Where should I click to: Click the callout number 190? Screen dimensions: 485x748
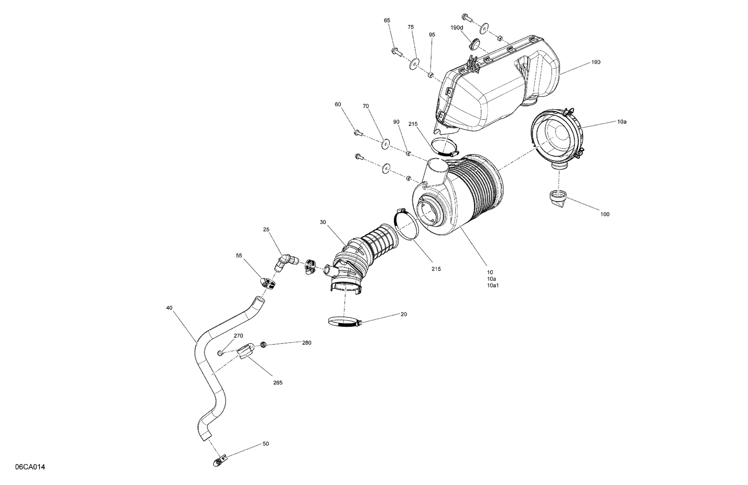[x=596, y=62]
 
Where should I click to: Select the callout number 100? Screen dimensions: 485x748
[x=604, y=215]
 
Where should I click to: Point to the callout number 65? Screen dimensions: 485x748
[x=387, y=20]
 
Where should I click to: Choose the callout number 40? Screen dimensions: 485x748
[x=170, y=308]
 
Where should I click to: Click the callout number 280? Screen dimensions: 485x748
[x=306, y=343]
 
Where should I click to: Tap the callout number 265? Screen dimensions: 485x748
[x=278, y=383]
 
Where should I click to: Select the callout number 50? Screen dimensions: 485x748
[x=265, y=444]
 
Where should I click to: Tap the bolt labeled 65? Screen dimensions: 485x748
[x=397, y=50]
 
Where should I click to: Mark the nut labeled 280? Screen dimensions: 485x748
[x=263, y=344]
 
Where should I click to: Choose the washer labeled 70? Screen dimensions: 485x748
[x=385, y=145]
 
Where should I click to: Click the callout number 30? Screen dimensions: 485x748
[x=323, y=223]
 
